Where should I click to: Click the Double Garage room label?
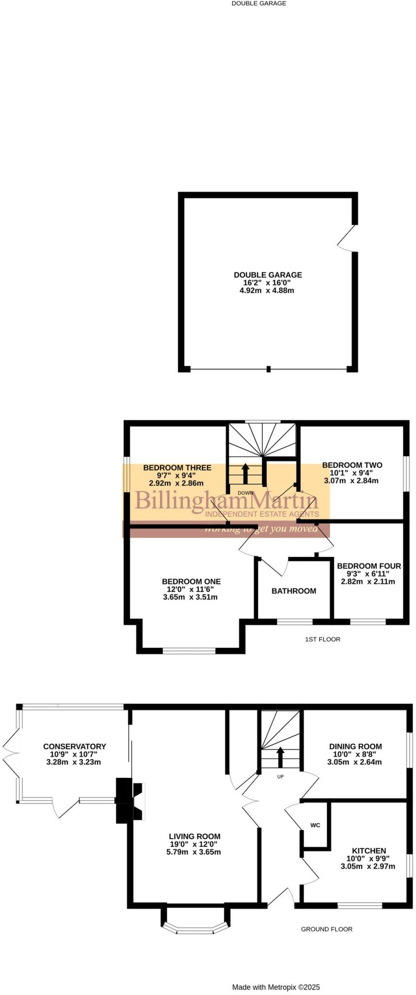[x=268, y=274]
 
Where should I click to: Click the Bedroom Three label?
[x=177, y=468]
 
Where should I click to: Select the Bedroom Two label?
[x=352, y=465]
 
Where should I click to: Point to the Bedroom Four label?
[x=369, y=566]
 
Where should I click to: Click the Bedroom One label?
[x=191, y=582]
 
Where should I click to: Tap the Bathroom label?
[x=294, y=591]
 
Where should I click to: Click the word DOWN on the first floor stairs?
[x=245, y=493]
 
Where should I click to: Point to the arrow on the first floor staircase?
[x=245, y=473]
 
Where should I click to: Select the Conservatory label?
[x=74, y=746]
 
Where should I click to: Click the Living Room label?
[x=194, y=837]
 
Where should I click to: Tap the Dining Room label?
[x=355, y=746]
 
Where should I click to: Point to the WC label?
[x=315, y=825]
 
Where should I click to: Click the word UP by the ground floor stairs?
[x=280, y=777]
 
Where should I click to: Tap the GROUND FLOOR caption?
[x=327, y=929]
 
